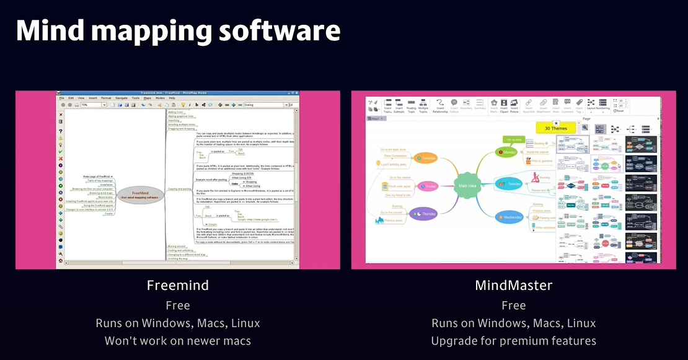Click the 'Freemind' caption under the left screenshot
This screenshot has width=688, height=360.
click(177, 286)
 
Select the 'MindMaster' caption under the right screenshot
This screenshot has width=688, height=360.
click(513, 286)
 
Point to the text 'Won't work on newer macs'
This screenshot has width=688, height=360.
click(177, 341)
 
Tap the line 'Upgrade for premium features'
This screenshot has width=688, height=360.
click(513, 341)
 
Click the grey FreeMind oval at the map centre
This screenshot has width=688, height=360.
click(140, 195)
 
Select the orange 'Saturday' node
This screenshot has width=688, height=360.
click(426, 159)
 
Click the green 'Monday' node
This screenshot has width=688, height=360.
click(506, 152)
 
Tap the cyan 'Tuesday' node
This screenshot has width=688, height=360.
click(512, 183)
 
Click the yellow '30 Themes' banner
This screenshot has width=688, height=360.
click(557, 128)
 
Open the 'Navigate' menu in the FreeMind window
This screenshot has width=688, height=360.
click(121, 98)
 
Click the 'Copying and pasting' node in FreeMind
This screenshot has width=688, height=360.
click(180, 188)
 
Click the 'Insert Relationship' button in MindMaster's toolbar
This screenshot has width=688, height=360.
click(439, 107)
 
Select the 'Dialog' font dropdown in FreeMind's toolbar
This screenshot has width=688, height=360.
click(263, 105)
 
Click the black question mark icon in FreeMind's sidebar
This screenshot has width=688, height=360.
click(61, 131)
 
